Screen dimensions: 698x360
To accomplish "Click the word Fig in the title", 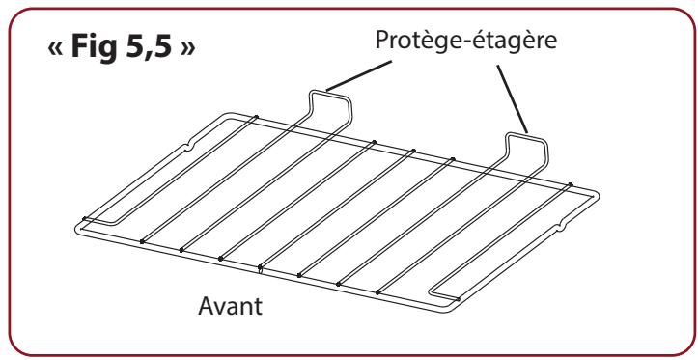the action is (x=106, y=49).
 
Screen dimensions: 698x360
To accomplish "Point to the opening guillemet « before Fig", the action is (x=61, y=51).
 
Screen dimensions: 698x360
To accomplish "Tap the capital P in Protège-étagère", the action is (x=379, y=43).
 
